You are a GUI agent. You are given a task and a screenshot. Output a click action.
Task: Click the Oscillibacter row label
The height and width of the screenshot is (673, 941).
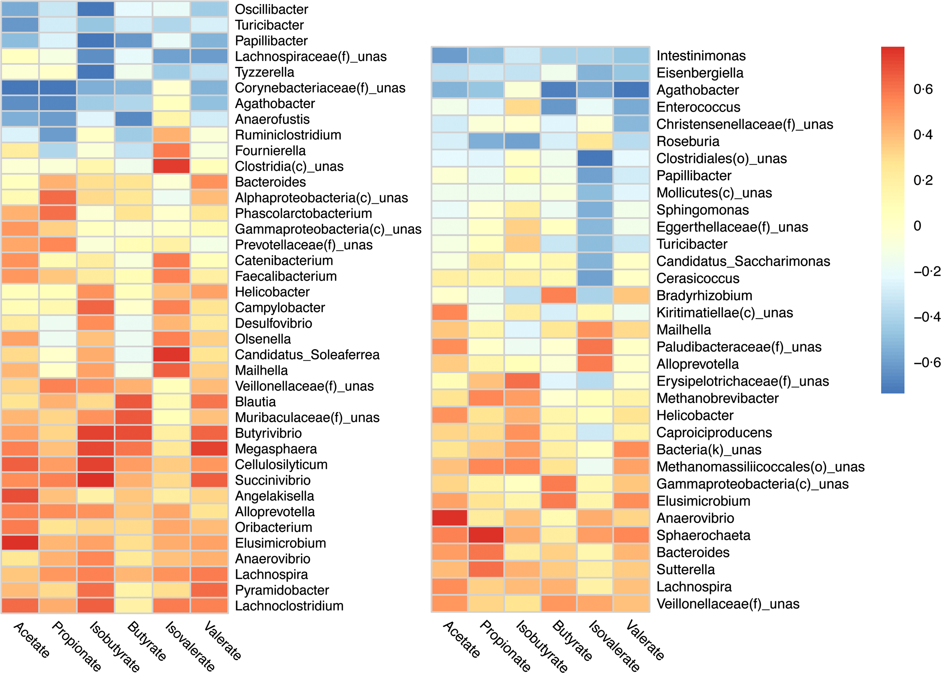pos(271,9)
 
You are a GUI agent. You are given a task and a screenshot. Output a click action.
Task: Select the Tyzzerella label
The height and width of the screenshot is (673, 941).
pos(264,72)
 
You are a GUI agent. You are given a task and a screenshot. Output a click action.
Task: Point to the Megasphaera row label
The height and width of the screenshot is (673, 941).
pos(276,449)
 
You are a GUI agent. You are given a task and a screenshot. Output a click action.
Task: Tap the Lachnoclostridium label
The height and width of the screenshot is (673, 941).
pos(289,606)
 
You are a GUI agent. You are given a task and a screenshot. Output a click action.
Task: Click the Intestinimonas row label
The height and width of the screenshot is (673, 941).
pos(701,55)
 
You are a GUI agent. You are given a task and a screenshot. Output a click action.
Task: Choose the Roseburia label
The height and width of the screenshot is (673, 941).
pos(688,141)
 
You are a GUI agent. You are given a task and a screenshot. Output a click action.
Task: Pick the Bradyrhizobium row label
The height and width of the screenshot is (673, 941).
pos(704,295)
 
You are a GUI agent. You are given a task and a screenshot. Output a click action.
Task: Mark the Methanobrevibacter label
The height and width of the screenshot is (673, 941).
pos(718,398)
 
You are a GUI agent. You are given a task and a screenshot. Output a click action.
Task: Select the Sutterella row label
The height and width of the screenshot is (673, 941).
pos(686,569)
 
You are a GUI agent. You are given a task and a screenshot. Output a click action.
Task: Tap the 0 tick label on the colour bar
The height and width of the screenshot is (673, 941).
pos(917,226)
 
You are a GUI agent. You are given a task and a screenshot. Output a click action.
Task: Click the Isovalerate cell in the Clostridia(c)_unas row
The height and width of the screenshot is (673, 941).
pos(171,166)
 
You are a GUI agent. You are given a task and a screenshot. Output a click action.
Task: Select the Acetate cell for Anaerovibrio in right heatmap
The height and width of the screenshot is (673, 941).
pos(450,518)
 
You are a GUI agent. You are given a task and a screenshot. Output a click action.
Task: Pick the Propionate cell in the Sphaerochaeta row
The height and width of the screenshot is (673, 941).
pos(486,535)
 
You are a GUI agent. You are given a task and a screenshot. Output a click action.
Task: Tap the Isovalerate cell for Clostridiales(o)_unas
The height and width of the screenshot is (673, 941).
pos(595,158)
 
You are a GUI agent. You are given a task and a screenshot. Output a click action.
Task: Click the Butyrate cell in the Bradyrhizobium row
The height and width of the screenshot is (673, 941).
pos(559,295)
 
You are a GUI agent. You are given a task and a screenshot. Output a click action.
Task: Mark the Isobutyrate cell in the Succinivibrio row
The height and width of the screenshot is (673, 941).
pos(95,480)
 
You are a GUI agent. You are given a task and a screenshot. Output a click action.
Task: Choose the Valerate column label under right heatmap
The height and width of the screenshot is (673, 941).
pos(645,640)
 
